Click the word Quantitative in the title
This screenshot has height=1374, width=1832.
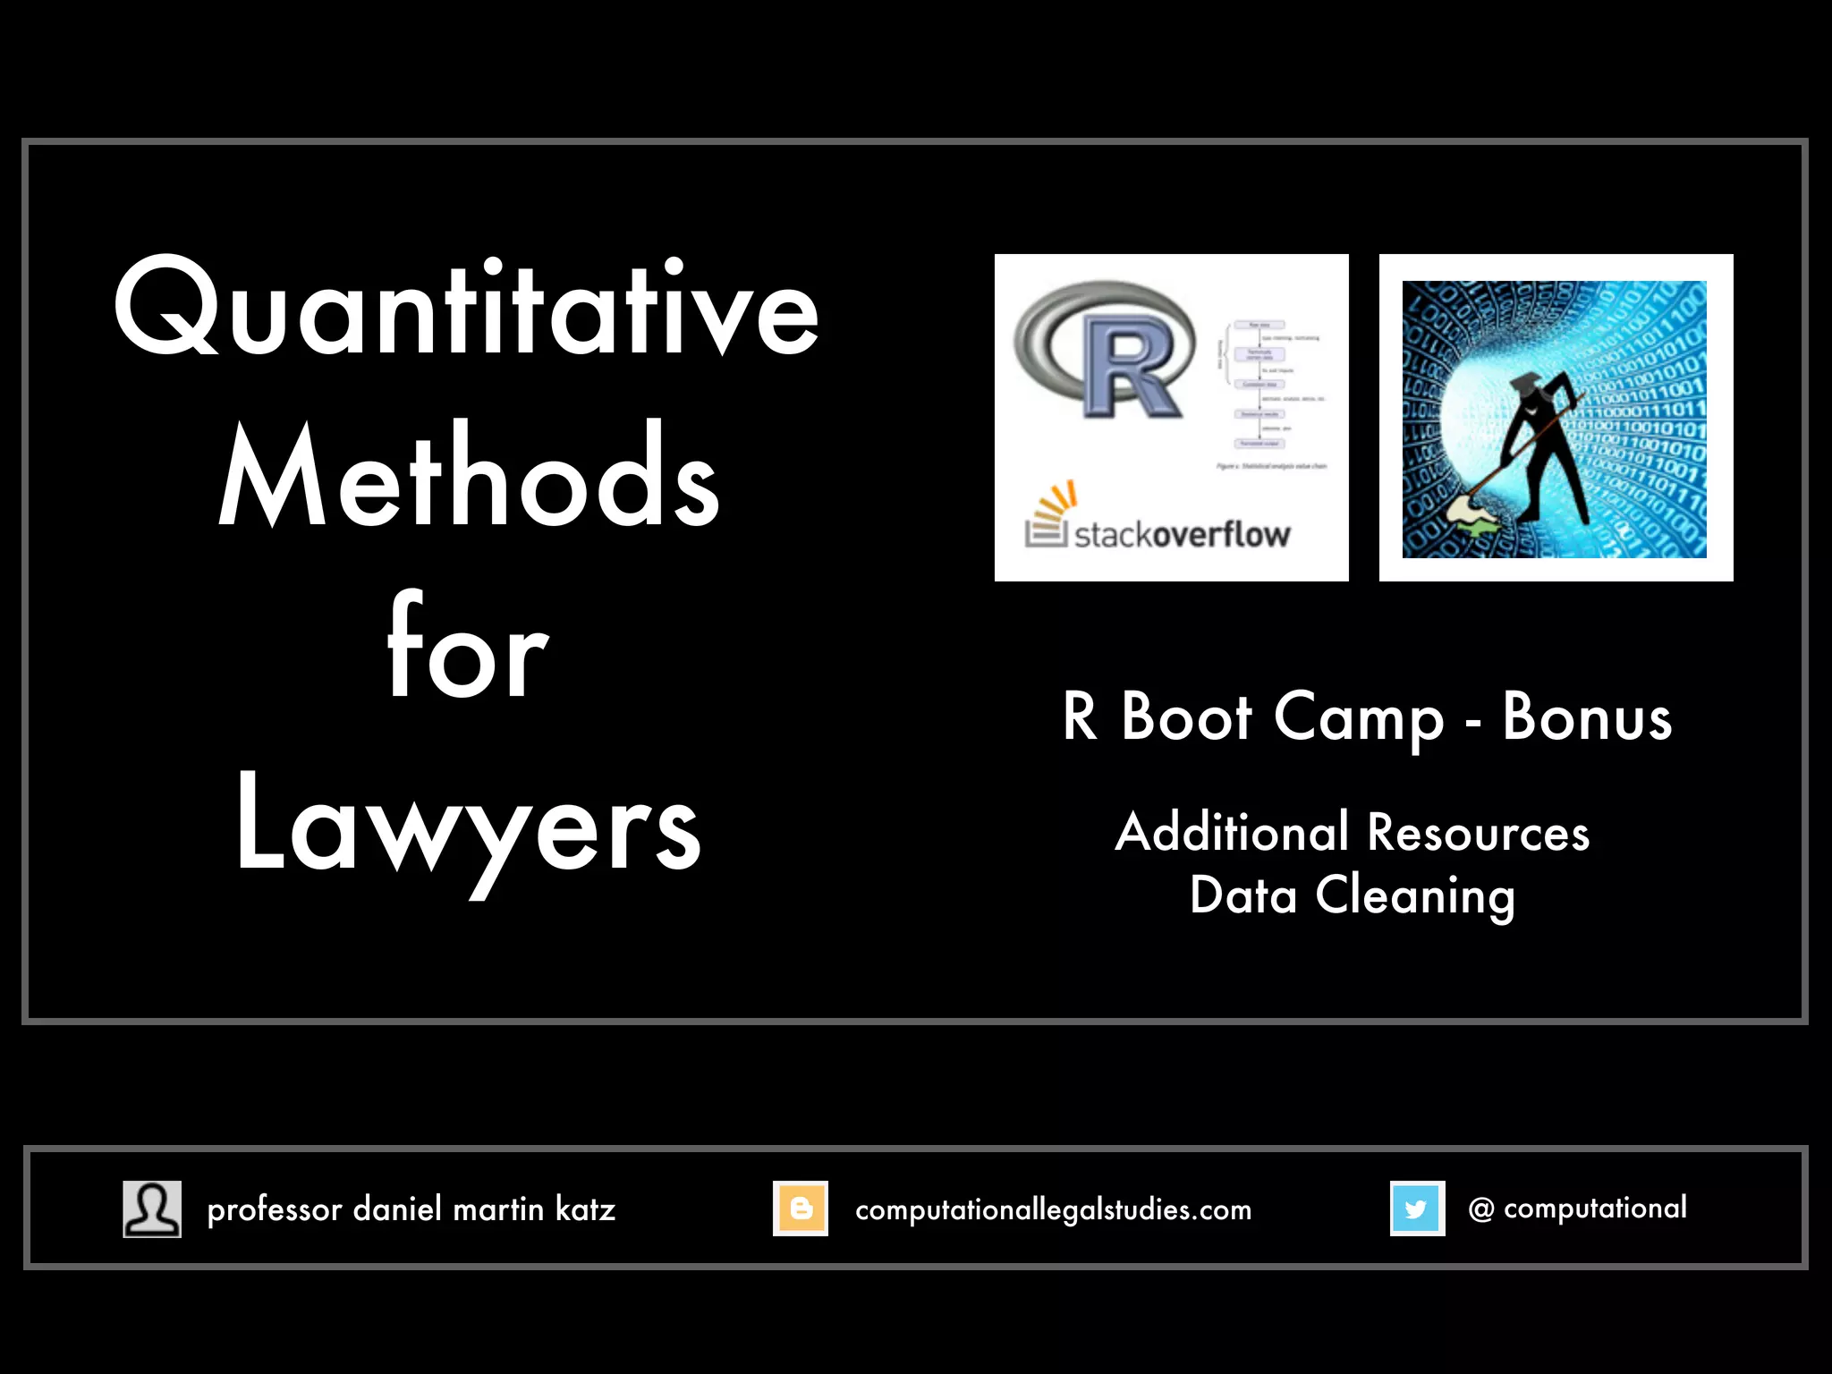(467, 309)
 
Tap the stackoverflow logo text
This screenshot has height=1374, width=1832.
(1182, 534)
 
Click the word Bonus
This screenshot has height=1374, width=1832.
(1587, 717)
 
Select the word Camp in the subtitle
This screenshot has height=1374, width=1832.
(1359, 719)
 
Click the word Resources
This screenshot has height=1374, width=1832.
(1478, 833)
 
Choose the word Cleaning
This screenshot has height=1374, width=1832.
(1415, 895)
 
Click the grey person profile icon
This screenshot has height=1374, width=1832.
(152, 1209)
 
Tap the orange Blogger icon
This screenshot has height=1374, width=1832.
(801, 1209)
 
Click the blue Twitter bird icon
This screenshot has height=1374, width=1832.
(1417, 1209)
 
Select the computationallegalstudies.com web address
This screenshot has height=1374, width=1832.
(1053, 1209)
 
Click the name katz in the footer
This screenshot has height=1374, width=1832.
(585, 1209)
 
